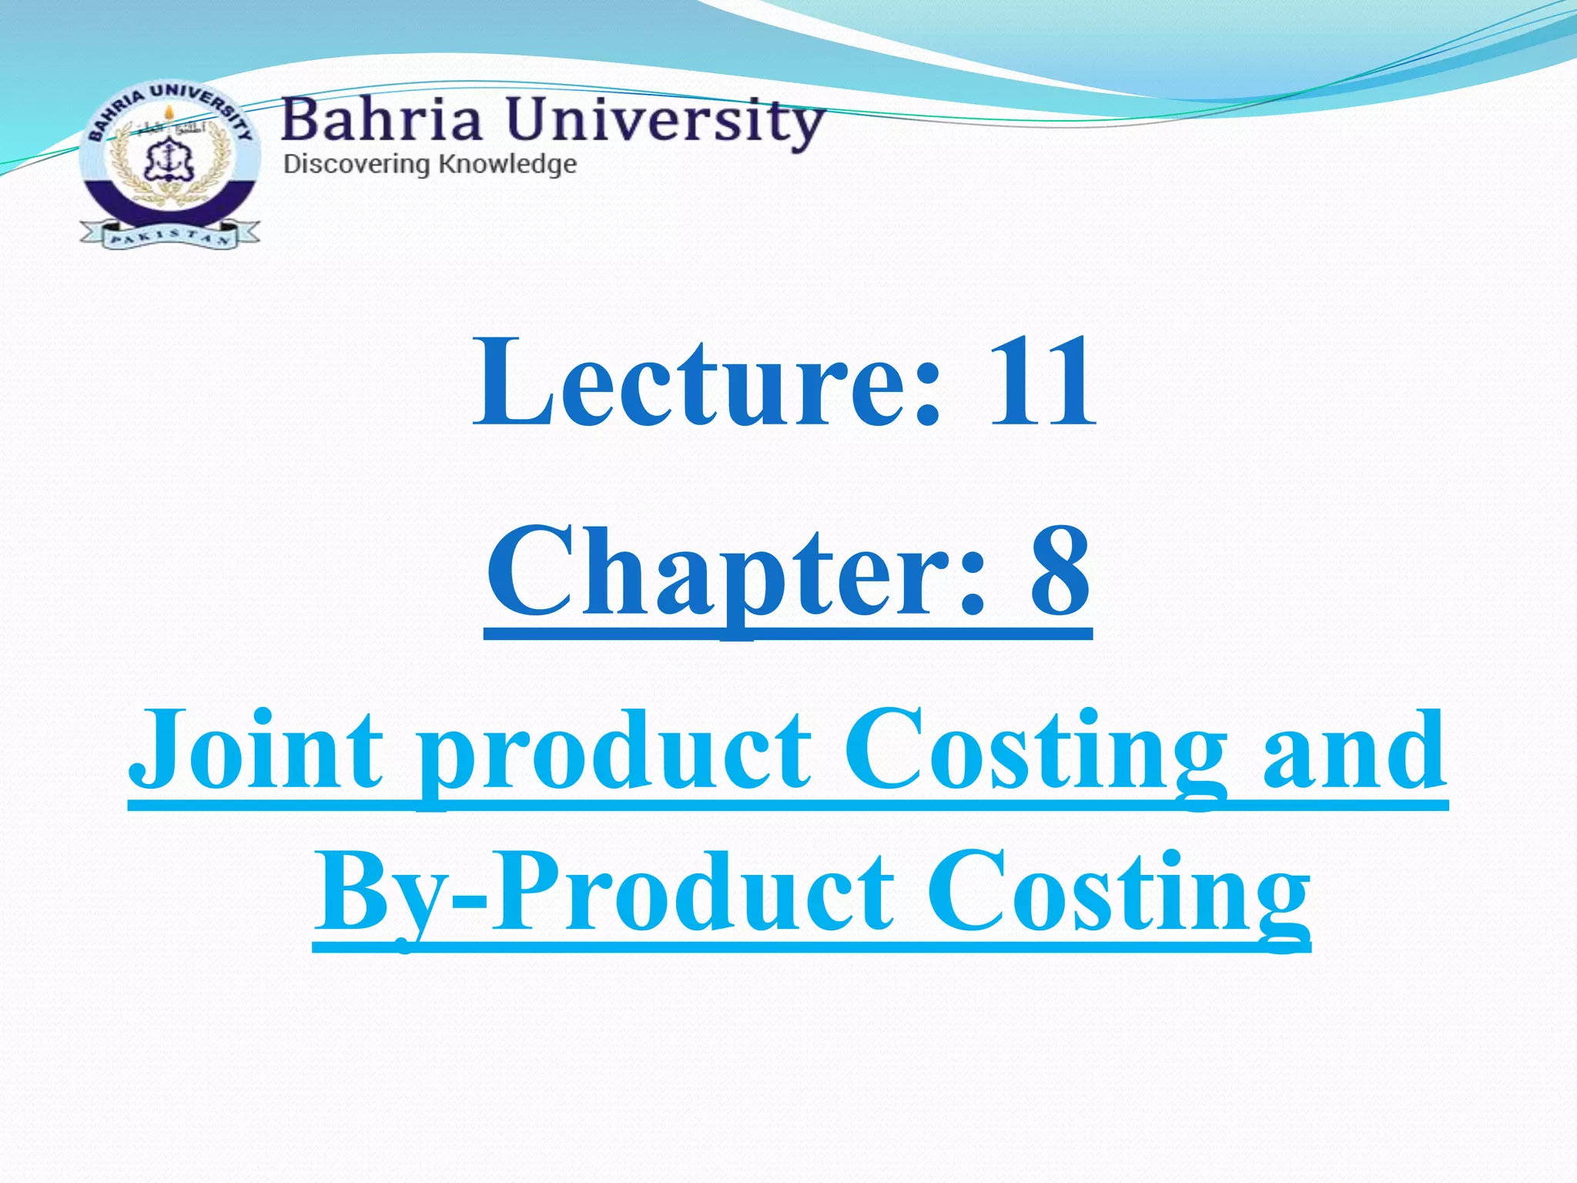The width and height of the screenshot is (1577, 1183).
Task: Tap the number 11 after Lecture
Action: [x=1041, y=382]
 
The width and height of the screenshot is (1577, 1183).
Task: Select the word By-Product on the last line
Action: [x=604, y=893]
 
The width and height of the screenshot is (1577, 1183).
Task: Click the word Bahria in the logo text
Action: [x=382, y=122]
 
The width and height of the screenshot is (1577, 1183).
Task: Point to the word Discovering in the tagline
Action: [x=357, y=164]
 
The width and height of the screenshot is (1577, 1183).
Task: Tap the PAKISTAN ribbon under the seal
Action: [x=169, y=234]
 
